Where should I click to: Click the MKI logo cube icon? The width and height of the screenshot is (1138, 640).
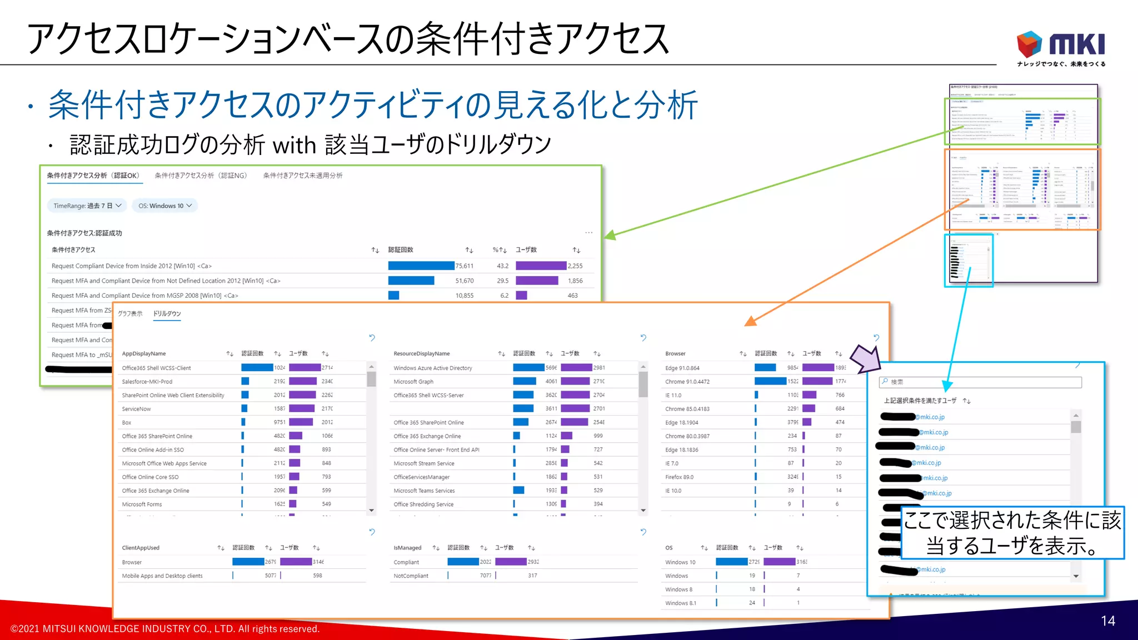pyautogui.click(x=1029, y=44)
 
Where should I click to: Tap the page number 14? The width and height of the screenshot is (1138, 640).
pyautogui.click(x=1107, y=621)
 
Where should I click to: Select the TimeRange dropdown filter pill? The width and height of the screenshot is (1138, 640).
pyautogui.click(x=87, y=206)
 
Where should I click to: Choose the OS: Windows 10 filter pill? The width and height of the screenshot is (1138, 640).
pyautogui.click(x=164, y=206)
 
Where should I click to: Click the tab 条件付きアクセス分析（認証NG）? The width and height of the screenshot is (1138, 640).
pyautogui.click(x=201, y=176)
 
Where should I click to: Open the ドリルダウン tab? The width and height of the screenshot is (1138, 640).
pyautogui.click(x=167, y=314)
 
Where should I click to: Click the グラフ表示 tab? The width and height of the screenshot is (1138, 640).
pyautogui.click(x=130, y=314)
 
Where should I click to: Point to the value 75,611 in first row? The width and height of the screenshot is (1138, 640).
pyautogui.click(x=465, y=266)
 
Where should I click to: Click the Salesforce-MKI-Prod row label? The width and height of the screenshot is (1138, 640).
pyautogui.click(x=147, y=382)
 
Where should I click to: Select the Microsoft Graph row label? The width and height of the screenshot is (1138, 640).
pyautogui.click(x=413, y=382)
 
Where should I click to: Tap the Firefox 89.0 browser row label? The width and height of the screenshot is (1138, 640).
pyautogui.click(x=679, y=477)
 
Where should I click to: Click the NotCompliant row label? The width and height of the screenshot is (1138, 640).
pyautogui.click(x=411, y=576)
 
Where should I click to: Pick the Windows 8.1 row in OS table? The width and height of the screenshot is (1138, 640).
pyautogui.click(x=680, y=603)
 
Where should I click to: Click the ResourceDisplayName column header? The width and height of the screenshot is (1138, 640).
pyautogui.click(x=422, y=354)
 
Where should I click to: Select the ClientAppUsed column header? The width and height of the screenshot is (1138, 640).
pyautogui.click(x=141, y=548)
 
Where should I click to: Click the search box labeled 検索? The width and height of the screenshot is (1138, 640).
pyautogui.click(x=981, y=382)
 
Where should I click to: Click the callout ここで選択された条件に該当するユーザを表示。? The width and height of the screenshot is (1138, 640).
pyautogui.click(x=1012, y=533)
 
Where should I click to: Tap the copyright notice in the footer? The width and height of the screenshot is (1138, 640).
pyautogui.click(x=165, y=629)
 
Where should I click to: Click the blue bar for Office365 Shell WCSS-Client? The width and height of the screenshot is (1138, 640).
pyautogui.click(x=257, y=368)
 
